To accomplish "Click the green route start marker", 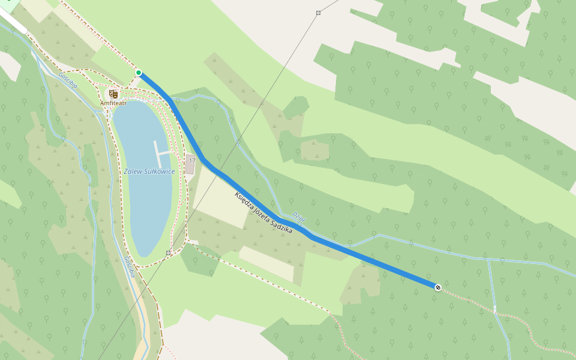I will point(139,73).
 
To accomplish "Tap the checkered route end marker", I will point(438,287).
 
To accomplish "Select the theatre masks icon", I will point(113,94).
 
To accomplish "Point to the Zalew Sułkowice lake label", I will point(149,172).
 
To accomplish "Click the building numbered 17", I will point(191,163).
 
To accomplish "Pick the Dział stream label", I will point(299,217).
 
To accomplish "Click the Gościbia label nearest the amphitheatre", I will point(68,80).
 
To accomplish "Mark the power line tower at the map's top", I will point(318,13).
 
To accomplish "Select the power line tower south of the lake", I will point(168,253).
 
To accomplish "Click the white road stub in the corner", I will point(13,22).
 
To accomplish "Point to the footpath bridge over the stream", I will point(495,310).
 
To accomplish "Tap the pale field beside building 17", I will point(222,198).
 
